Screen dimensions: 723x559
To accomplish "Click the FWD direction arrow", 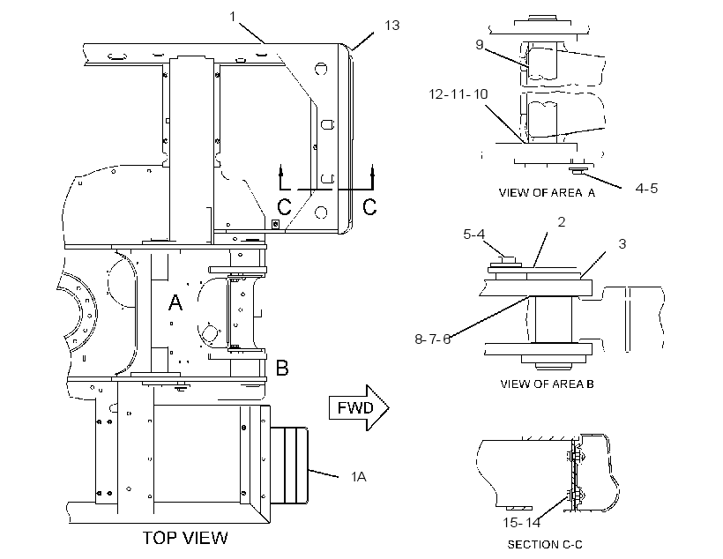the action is pyautogui.click(x=359, y=407).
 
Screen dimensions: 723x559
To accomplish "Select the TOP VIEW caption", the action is pyautogui.click(x=185, y=538).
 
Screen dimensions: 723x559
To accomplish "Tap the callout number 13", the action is pyautogui.click(x=392, y=26).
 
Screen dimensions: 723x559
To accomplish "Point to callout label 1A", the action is pyautogui.click(x=358, y=476).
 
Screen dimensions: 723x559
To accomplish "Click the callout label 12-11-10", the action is pyautogui.click(x=458, y=94).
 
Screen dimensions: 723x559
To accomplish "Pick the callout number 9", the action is pyautogui.click(x=480, y=44).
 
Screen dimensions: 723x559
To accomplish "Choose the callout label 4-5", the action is pyautogui.click(x=646, y=188).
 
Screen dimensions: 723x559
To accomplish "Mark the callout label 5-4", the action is pyautogui.click(x=474, y=235).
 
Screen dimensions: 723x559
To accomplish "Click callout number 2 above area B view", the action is pyautogui.click(x=561, y=222).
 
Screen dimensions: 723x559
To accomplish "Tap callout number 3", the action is pyautogui.click(x=622, y=244).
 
